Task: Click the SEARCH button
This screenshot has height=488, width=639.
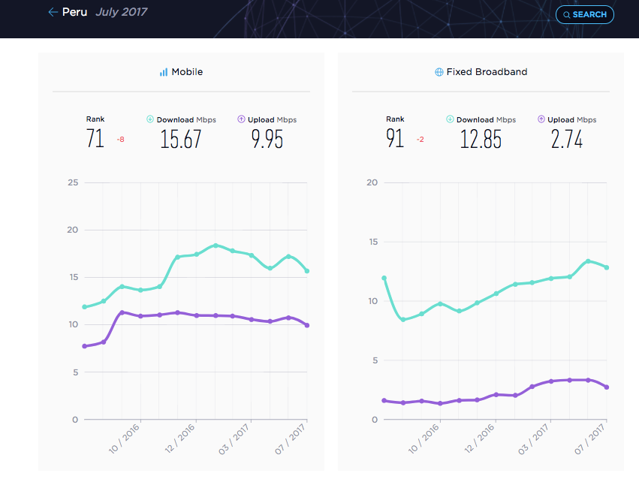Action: [x=585, y=15]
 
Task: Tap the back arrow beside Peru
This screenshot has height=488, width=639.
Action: [x=53, y=12]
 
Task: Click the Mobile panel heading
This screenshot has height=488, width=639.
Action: [x=182, y=72]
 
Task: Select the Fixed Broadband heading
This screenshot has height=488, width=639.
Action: [x=481, y=72]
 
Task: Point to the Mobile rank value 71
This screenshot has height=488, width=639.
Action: [x=95, y=138]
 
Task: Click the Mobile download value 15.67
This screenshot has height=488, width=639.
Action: [x=180, y=139]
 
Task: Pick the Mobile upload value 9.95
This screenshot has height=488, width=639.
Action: [x=267, y=139]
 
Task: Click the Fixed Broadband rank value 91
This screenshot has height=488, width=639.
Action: [x=395, y=138]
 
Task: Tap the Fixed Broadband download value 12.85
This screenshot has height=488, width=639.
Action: [x=481, y=139]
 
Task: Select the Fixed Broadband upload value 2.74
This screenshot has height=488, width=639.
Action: [x=567, y=139]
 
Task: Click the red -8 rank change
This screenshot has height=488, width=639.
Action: [x=121, y=140]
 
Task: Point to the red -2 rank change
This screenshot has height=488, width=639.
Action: [x=420, y=140]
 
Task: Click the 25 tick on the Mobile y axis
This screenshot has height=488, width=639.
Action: [x=73, y=182]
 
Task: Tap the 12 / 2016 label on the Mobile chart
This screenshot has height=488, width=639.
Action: [x=179, y=438]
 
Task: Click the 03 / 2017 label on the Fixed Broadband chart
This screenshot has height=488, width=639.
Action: [x=533, y=438]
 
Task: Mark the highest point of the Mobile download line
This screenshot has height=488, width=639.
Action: [x=216, y=246]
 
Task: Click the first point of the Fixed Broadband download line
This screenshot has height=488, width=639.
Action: [x=384, y=279]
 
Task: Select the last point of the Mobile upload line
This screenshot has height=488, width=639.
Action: [x=307, y=325]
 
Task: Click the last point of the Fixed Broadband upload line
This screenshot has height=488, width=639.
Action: [x=607, y=387]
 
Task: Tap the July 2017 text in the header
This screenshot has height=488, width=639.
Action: [x=122, y=12]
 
